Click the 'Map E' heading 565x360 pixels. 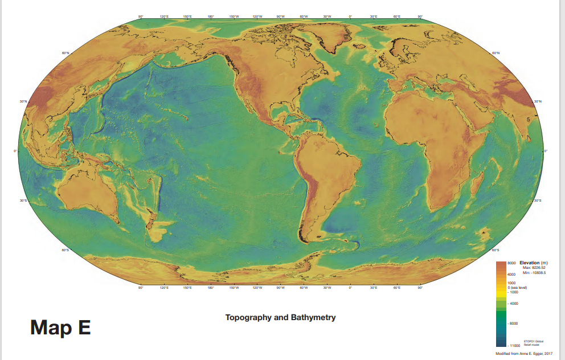tap(60, 328)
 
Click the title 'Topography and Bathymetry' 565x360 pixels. tap(280, 317)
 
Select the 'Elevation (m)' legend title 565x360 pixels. tap(533, 263)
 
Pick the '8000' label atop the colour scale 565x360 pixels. tap(511, 264)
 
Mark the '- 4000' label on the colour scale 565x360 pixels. tap(513, 304)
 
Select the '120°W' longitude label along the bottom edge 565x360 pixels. tap(257, 288)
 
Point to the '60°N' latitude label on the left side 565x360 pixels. tap(65, 53)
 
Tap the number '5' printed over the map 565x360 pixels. tap(528, 120)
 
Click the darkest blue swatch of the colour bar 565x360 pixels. tap(500, 341)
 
